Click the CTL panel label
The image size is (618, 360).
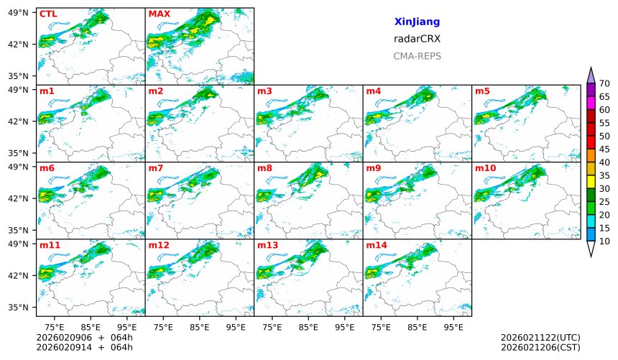47,14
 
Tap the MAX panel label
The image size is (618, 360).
158,14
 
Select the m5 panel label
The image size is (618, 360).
482,91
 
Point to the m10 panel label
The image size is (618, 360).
485,168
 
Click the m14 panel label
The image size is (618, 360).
376,245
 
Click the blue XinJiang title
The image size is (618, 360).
417,22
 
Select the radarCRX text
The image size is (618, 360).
417,39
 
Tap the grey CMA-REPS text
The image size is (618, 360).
417,56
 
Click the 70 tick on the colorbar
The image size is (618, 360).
604,84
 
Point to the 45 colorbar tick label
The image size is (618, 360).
604,149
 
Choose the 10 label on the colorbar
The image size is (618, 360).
604,241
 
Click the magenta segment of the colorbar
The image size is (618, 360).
591,103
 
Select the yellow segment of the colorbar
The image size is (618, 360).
591,182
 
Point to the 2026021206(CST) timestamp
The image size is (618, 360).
540,347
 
